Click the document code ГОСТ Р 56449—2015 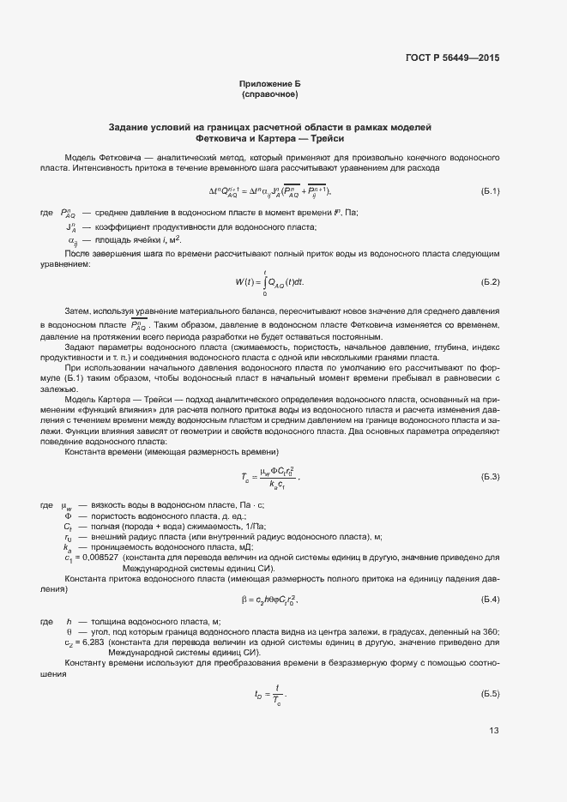click(x=452, y=58)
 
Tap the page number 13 click(x=493, y=731)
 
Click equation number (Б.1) click(x=490, y=190)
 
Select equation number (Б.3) click(x=490, y=475)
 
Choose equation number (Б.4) click(x=490, y=598)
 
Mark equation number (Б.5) click(x=490, y=693)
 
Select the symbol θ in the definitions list click(x=69, y=631)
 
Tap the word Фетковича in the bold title click(x=220, y=138)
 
